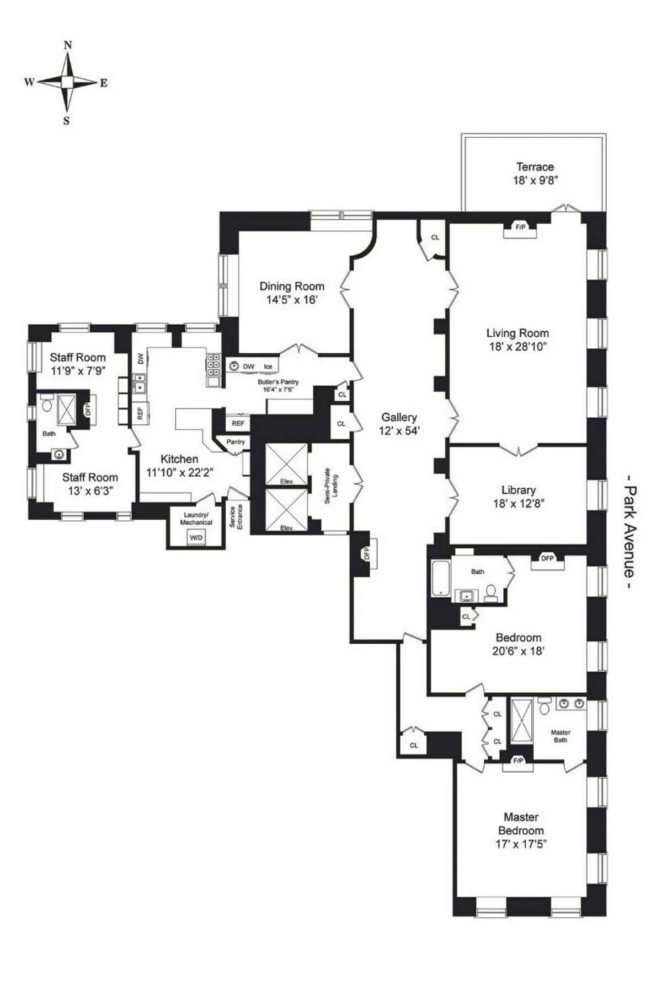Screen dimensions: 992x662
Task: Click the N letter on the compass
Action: coord(67,46)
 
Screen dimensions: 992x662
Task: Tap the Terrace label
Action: coord(535,167)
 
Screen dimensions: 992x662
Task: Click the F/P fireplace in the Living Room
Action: coord(520,228)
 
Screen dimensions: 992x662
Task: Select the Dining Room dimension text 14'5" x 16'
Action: coord(291,300)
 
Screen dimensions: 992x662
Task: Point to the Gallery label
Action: coord(399,417)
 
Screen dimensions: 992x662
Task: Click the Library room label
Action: coord(518,490)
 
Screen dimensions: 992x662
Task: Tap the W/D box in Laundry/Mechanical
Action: coord(196,537)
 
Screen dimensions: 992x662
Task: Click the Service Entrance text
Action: coord(236,517)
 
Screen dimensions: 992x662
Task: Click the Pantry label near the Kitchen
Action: coord(236,442)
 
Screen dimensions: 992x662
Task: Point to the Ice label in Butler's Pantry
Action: coord(268,366)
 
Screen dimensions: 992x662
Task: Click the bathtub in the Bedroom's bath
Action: coord(441,578)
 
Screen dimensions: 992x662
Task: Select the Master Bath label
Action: coord(560,736)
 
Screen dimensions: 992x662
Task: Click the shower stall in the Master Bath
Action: coord(521,721)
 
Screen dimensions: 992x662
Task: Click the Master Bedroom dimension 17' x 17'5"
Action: coord(521,844)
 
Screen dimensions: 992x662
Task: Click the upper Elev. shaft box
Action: coord(286,465)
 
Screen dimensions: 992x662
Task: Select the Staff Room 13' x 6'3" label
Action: coord(89,484)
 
